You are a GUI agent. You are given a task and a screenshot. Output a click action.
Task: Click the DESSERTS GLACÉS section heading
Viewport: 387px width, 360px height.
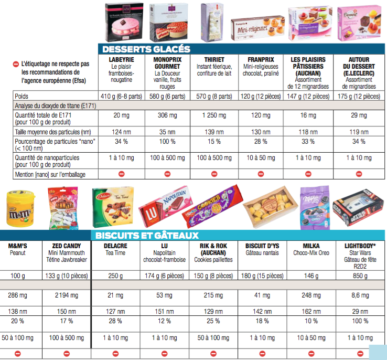tap(146, 49)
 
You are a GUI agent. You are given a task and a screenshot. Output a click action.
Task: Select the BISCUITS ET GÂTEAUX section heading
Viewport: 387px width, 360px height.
tap(147, 236)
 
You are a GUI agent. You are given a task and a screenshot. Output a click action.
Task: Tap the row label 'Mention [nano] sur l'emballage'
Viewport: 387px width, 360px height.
tap(50, 174)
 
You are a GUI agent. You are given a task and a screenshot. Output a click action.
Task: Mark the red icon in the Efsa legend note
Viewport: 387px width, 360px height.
tap(16, 63)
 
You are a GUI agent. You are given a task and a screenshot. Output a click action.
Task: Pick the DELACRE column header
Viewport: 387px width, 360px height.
tap(114, 246)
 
